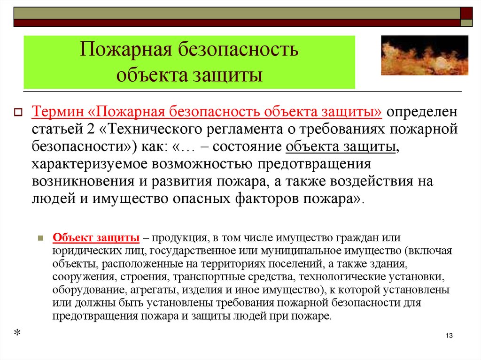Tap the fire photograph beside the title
(424, 55)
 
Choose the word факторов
(264, 198)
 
